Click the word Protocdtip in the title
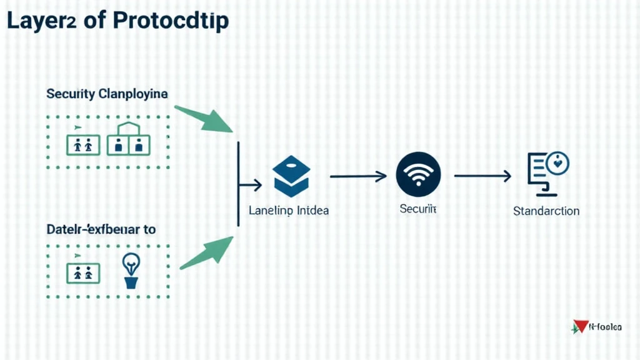[x=172, y=21]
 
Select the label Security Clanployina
[x=107, y=94]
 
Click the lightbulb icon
[x=131, y=271]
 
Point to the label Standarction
[x=546, y=211]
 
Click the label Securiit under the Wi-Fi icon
[x=417, y=209]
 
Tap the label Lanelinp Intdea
[x=288, y=211]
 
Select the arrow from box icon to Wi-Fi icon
[x=358, y=177]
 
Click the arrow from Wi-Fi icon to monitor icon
[x=482, y=177]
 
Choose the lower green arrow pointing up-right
[x=207, y=252]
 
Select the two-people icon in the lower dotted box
[x=82, y=272]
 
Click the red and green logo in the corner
[x=579, y=326]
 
